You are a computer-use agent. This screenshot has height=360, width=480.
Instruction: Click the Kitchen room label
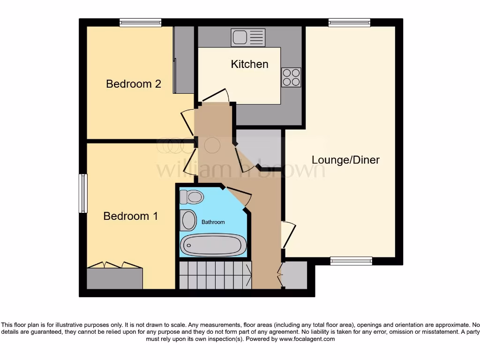tap(249, 64)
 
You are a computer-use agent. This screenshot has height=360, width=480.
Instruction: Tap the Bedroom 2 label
tap(134, 84)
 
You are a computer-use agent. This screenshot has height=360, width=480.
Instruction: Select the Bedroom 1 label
tap(130, 216)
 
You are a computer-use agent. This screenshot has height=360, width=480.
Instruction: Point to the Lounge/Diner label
tap(345, 160)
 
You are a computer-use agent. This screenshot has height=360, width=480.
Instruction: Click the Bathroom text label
tap(213, 222)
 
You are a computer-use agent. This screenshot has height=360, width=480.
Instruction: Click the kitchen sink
tap(248, 37)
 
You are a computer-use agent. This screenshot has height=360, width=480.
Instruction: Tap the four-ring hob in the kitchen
tap(291, 77)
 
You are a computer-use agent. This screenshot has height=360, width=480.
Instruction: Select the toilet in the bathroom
tap(191, 197)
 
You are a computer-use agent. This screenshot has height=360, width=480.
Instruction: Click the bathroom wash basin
tap(188, 220)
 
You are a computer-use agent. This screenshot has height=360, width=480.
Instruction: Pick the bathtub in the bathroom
tap(213, 245)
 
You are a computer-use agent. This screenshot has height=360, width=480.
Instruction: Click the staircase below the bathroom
tap(215, 275)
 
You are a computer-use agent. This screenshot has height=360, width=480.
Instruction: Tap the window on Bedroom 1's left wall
tap(83, 194)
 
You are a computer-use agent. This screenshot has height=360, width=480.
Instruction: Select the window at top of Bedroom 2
tap(140, 22)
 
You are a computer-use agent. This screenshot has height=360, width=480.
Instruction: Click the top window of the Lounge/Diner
tap(349, 22)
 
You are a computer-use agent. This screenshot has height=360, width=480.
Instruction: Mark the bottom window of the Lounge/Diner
tap(351, 261)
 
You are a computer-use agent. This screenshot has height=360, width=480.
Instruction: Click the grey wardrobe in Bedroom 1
tap(115, 278)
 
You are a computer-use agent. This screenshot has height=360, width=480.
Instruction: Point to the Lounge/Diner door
tap(288, 235)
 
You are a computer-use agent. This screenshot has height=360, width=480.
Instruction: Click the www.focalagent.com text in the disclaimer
tap(307, 339)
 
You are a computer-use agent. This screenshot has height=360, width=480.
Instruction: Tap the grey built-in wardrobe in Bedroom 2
tap(183, 60)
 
